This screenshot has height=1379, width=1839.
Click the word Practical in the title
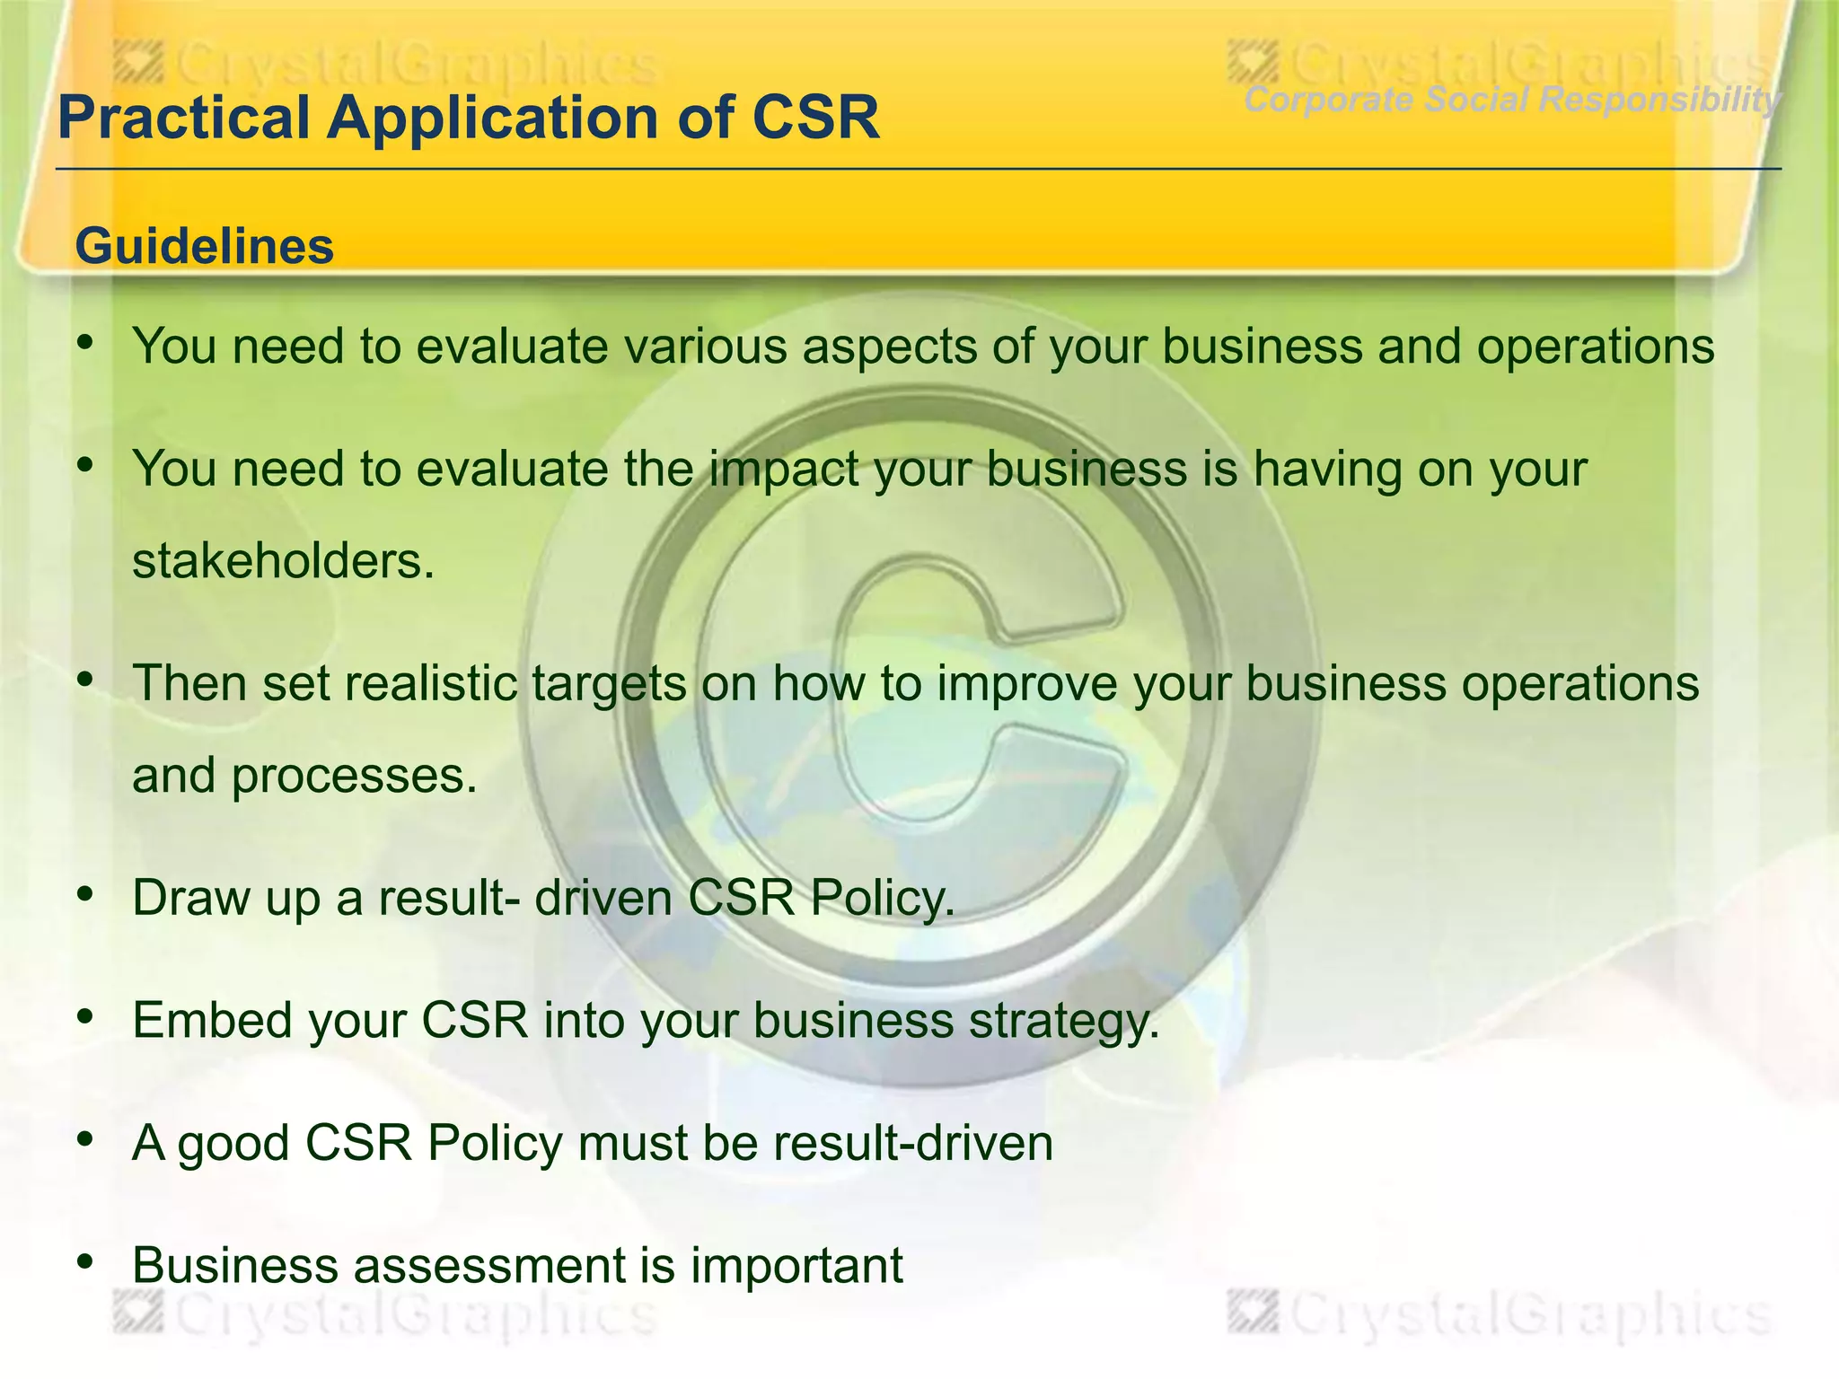click(x=183, y=118)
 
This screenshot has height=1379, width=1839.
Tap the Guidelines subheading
click(x=205, y=246)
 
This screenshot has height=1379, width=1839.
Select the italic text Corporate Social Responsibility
click(x=1512, y=100)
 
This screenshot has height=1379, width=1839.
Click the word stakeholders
click(x=283, y=561)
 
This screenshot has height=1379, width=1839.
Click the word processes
click(x=354, y=776)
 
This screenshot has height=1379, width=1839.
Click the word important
click(x=796, y=1266)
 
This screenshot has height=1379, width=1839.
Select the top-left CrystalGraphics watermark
click(x=386, y=66)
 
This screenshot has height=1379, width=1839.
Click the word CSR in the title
click(x=815, y=118)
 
